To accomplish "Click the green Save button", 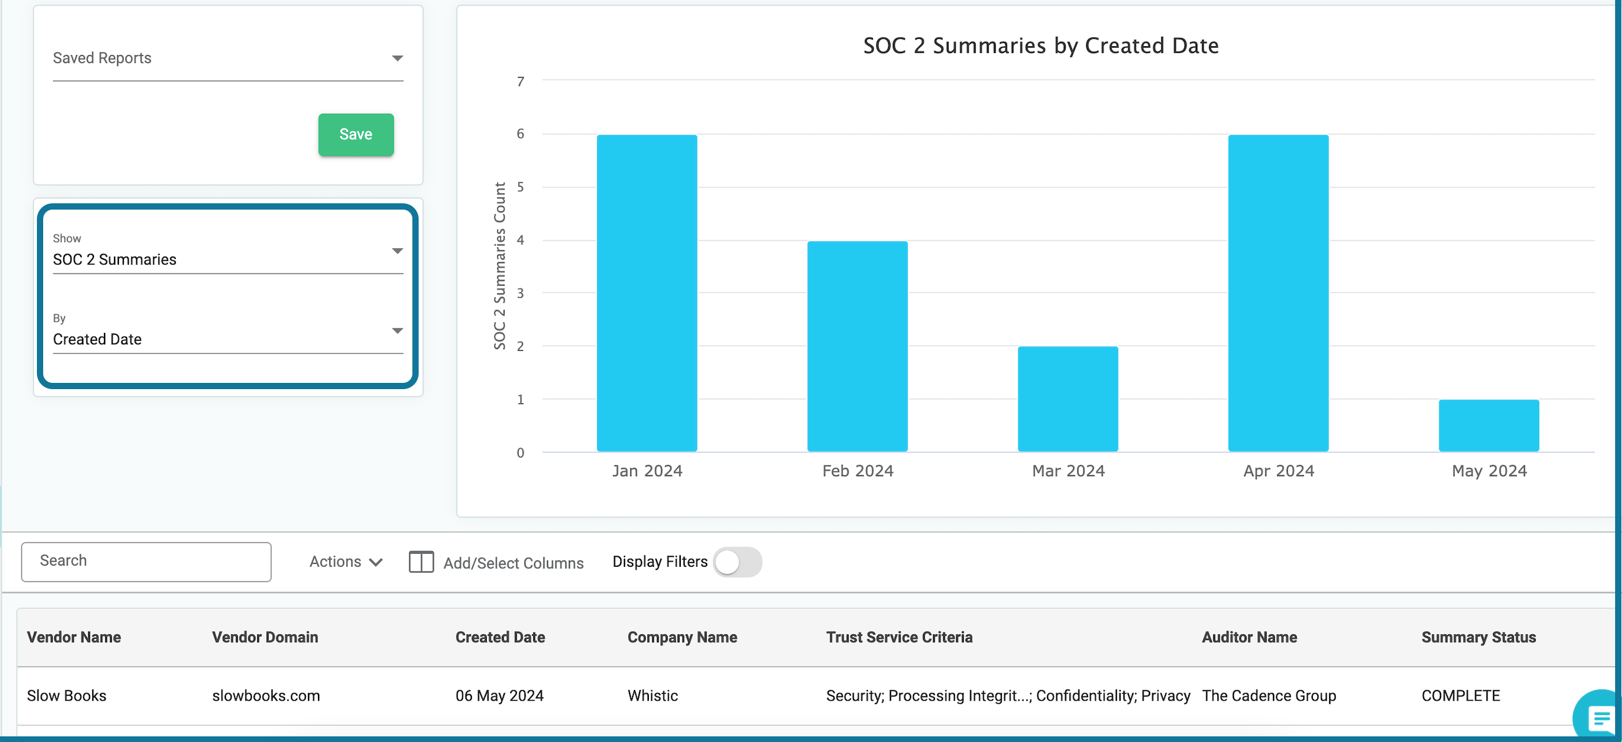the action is pos(356,134).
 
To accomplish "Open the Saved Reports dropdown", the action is pos(227,59).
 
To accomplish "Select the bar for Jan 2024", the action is pos(646,293).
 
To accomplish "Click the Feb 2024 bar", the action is pos(857,346).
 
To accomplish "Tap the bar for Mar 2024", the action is pos(1068,399).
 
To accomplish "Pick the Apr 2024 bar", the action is pos(1278,293).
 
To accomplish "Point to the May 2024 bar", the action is pos(1489,425).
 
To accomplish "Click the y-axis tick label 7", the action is pos(520,81).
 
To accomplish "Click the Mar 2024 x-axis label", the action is pos(1068,470).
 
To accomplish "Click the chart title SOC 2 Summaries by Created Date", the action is pos(1040,46).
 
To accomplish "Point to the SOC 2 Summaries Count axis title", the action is pos(499,266).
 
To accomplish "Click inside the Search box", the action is pos(146,561).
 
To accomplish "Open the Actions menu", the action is pos(345,561).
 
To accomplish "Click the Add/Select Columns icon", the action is pos(421,562).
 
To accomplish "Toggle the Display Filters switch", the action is pos(737,562).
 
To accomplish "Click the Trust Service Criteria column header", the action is pos(899,637).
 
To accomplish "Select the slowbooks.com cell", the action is pos(266,696).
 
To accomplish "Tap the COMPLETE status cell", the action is pos(1460,696).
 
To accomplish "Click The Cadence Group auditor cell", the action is pos(1268,696).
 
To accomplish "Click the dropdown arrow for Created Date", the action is pos(397,331).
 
